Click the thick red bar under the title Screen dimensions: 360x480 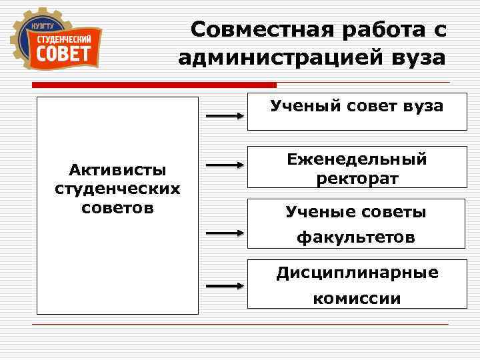(x=153, y=85)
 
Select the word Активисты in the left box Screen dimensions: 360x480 (x=117, y=171)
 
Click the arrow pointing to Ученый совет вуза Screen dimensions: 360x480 (x=223, y=115)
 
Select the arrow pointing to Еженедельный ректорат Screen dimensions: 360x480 (x=223, y=164)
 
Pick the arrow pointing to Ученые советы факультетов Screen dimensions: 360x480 (x=223, y=233)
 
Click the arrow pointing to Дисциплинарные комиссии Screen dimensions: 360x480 (x=223, y=286)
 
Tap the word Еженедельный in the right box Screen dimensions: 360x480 (x=357, y=160)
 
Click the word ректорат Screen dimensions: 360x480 (x=357, y=179)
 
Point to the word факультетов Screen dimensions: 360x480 (x=356, y=237)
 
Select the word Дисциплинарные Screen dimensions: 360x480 (x=357, y=273)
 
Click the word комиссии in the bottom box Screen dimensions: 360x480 (x=357, y=298)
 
